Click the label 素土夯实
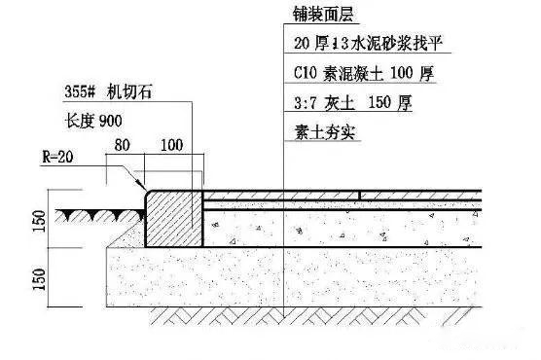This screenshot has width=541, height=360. tap(320, 131)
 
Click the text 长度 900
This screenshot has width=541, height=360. tap(93, 124)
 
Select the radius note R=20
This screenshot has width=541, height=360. tap(60, 157)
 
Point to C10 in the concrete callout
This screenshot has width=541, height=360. tap(304, 73)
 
